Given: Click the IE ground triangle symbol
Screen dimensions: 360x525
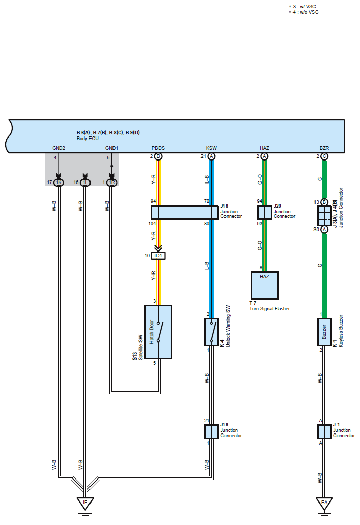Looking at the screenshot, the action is pos(85,503).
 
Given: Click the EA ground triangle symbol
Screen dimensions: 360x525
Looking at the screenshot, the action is pos(324,503).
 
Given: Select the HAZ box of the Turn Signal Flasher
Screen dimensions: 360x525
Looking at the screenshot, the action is pos(264,285).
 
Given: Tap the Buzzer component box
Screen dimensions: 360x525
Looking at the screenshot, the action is pos(324,332).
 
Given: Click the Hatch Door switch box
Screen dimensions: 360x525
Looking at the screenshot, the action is pos(158,332).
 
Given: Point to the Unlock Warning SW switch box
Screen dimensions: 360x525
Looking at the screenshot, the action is pos(211,332).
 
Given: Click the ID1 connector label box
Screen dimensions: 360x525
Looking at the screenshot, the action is pos(158,256).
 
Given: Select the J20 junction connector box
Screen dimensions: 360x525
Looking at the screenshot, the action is pos(264,212).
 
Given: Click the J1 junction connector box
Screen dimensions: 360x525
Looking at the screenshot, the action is pos(324,431).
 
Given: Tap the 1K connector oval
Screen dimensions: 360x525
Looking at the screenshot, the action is pos(59,182).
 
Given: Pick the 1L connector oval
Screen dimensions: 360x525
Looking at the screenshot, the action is pos(85,182).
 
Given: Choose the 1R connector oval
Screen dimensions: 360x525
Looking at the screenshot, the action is pos(112,182).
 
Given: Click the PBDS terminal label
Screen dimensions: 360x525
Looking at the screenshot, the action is pos(158,148).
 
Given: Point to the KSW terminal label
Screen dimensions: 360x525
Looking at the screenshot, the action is pos(211,148).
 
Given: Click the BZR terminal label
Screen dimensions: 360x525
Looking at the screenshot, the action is pos(324,148).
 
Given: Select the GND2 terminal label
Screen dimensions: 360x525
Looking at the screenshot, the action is pos(59,148).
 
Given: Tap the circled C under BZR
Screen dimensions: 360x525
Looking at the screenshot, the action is pos(324,156).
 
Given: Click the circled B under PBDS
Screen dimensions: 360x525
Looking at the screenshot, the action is pos(158,156).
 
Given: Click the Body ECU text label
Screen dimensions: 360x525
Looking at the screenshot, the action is pos(87,139).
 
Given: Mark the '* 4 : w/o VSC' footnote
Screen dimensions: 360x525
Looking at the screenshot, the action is pos(304,12).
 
